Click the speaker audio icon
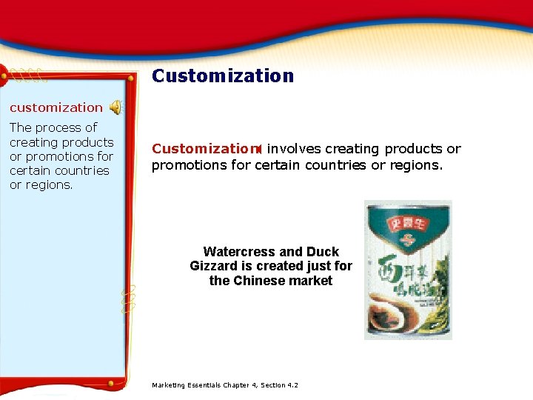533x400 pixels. click(116, 108)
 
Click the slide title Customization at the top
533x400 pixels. click(223, 76)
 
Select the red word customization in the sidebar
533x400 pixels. click(56, 108)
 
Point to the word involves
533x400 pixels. click(293, 149)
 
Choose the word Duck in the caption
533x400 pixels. click(323, 252)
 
